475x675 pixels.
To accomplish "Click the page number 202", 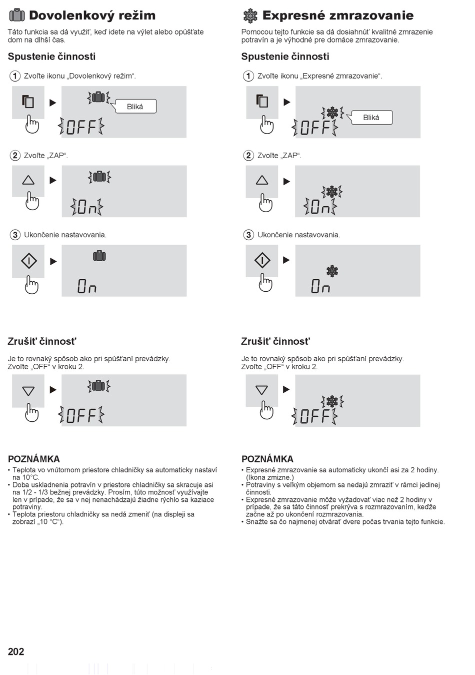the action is [x=16, y=651].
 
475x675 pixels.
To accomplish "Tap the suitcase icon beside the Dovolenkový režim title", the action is [x=17, y=16].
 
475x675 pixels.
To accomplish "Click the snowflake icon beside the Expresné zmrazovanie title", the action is [x=250, y=16].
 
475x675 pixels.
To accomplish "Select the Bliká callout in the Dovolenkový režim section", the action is [x=135, y=107].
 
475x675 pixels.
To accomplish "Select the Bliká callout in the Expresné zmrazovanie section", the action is [x=370, y=118].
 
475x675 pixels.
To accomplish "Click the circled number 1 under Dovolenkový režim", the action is [x=15, y=76].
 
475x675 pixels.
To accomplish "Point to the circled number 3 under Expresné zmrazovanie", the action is [x=248, y=235].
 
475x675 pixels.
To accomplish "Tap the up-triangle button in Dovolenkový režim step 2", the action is [x=28, y=181].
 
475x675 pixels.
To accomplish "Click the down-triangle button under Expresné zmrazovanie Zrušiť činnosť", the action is [x=261, y=390].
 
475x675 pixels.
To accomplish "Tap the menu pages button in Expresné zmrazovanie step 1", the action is [x=262, y=102].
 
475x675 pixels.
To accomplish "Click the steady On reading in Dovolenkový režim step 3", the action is [x=86, y=286].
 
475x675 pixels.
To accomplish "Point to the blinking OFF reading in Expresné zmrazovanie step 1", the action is [x=315, y=128].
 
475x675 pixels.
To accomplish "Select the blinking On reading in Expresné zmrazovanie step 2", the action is [x=319, y=207].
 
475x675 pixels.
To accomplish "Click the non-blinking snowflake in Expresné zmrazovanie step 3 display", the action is [x=332, y=271].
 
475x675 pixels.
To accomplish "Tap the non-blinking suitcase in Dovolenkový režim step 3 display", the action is [x=99, y=256].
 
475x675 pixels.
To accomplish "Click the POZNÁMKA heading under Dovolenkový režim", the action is [x=33, y=459].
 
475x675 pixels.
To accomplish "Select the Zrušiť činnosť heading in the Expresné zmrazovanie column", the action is [x=275, y=341].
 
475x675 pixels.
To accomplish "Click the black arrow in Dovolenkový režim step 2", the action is [x=53, y=181].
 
